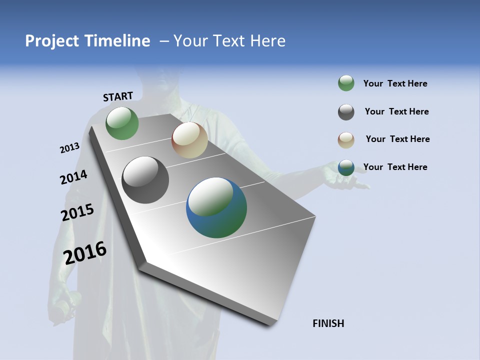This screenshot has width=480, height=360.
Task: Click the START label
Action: coord(118,96)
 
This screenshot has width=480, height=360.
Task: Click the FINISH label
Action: coord(328,323)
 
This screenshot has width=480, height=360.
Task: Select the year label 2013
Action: coord(69,148)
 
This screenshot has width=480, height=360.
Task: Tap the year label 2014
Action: coord(73,177)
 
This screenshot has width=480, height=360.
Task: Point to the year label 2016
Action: coord(85,252)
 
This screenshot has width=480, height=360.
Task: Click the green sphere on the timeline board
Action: coord(122,123)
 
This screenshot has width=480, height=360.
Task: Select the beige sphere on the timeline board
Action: coord(189,140)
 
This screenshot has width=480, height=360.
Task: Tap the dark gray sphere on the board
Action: coord(145,180)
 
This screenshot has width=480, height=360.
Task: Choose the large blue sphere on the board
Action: coord(216,207)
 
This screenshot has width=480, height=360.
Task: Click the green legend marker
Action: coord(346,83)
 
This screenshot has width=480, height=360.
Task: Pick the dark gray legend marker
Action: coord(346,112)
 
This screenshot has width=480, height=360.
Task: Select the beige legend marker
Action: coord(346,139)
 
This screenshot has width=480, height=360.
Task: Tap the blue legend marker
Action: coord(346,167)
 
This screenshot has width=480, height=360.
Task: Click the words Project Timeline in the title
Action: coord(87,41)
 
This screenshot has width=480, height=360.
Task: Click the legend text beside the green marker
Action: coord(395,83)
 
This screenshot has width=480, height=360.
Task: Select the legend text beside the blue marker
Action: coord(395,167)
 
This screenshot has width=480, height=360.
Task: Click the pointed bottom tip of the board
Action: coord(270,324)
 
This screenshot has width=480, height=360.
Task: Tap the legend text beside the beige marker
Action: coord(397,139)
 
